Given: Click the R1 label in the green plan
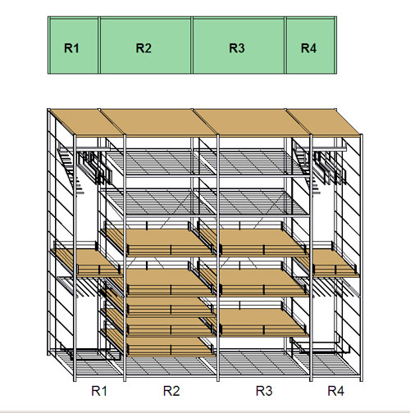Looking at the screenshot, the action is [x=71, y=48].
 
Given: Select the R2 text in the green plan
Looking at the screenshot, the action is [x=143, y=48].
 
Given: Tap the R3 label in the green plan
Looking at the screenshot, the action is [x=237, y=48].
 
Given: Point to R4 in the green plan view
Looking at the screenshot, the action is [x=308, y=48].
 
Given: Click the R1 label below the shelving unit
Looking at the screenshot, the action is [x=99, y=391].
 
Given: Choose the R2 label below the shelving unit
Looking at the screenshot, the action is [x=171, y=391].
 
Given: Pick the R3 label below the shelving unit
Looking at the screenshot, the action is [x=264, y=391].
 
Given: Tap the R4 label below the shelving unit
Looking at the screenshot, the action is [x=336, y=391].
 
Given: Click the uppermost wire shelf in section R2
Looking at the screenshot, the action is [x=160, y=162].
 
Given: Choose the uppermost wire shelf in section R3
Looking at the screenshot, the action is [x=253, y=162].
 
